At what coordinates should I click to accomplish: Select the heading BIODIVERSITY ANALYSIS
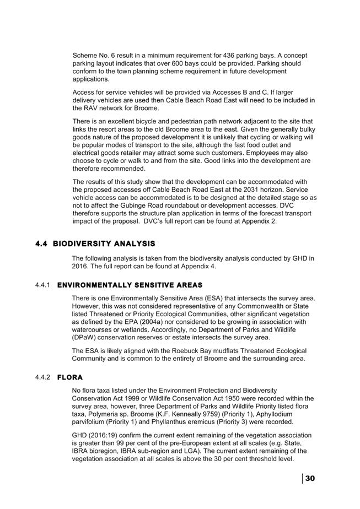[104, 243]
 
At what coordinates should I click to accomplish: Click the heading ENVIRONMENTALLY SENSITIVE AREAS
[130, 285]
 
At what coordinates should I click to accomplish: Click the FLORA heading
[70, 377]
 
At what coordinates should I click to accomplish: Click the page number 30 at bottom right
[310, 478]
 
